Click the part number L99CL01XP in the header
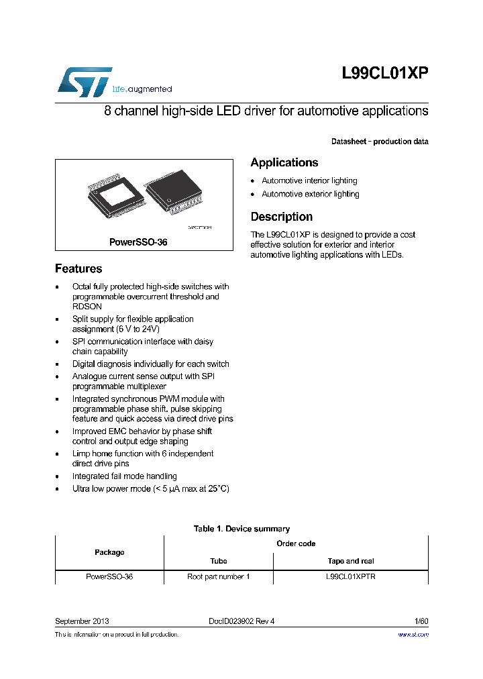click(384, 74)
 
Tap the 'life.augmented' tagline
click(142, 89)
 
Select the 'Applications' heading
click(284, 162)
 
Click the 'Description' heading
click(282, 217)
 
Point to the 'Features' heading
click(78, 268)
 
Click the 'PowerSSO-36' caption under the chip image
click(138, 242)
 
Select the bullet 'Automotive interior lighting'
click(309, 180)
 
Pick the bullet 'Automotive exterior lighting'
click(311, 194)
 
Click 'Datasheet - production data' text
click(380, 142)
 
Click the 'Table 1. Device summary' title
click(241, 529)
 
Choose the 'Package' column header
click(109, 552)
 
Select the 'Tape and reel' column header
click(350, 561)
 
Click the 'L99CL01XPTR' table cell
click(350, 576)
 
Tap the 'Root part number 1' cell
click(219, 576)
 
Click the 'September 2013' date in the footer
click(82, 621)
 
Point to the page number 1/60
click(420, 621)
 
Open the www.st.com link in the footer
click(413, 634)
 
